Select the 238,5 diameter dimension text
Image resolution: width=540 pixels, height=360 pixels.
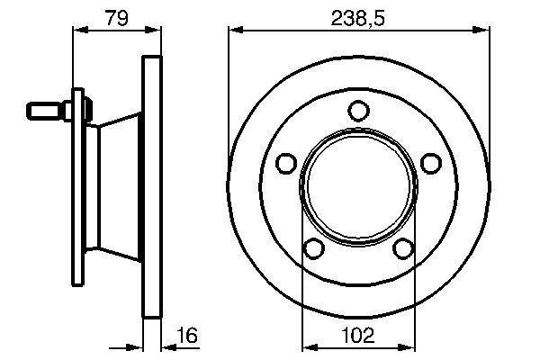tap(359, 14)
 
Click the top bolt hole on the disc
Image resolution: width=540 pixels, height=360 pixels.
tap(359, 111)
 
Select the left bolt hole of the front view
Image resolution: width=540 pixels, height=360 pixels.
tap(287, 163)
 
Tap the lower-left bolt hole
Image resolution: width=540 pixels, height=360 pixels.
tap(314, 248)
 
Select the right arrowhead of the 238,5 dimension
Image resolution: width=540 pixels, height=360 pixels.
tap(485, 31)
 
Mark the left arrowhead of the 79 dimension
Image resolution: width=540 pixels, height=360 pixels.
tap(76, 31)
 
